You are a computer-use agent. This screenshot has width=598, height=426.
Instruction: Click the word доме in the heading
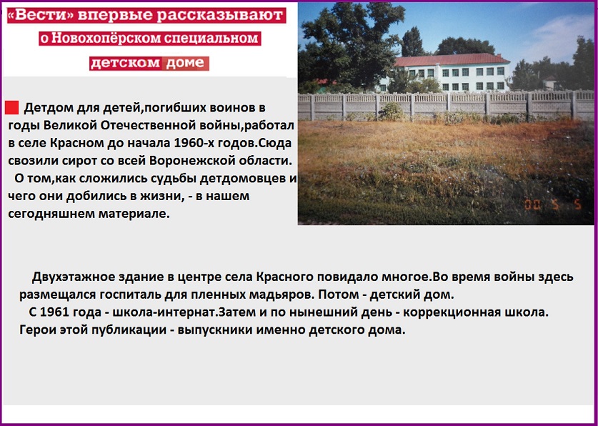[185, 64]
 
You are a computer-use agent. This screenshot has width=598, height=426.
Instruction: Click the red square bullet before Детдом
[12, 108]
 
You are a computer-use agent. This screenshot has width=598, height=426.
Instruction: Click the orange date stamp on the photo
[552, 205]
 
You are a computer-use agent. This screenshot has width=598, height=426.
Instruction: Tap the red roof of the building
[452, 60]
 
